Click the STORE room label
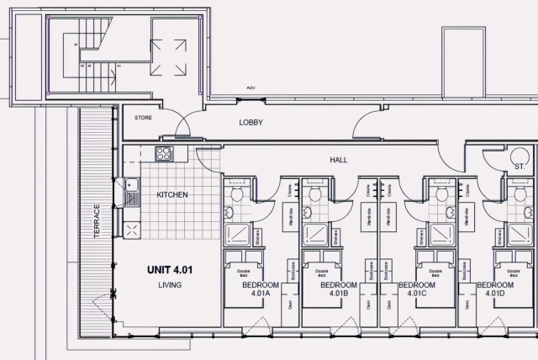click(143, 118)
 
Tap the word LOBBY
click(251, 123)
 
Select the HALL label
click(339, 160)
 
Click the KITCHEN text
click(172, 195)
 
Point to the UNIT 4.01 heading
click(170, 270)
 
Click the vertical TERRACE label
click(98, 220)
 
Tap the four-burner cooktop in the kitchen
click(163, 154)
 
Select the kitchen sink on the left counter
click(132, 192)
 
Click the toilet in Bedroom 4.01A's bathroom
click(237, 195)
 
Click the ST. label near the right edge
click(519, 167)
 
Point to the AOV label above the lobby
click(251, 87)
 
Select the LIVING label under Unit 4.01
click(170, 285)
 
